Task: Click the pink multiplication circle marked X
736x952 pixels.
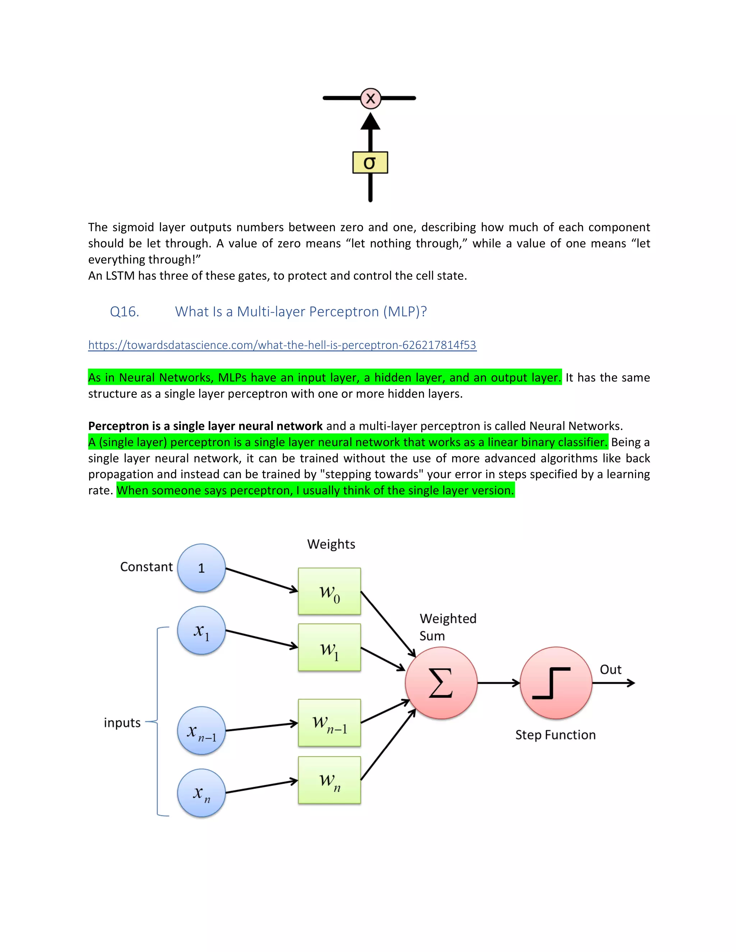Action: (x=370, y=98)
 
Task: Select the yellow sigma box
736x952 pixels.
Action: (x=370, y=163)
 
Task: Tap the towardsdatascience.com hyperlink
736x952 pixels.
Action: (x=282, y=345)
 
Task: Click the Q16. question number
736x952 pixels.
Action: (x=124, y=312)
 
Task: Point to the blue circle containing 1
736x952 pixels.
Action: (x=202, y=568)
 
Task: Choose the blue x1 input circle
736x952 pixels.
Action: (x=202, y=630)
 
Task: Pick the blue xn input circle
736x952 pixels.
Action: (x=202, y=793)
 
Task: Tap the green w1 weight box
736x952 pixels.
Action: (x=329, y=647)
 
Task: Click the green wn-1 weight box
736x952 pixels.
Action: (x=329, y=723)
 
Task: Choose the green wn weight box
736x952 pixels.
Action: (x=329, y=780)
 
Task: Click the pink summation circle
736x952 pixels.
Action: (x=441, y=683)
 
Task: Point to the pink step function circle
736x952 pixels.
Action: (x=556, y=683)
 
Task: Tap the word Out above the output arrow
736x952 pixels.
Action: (x=611, y=670)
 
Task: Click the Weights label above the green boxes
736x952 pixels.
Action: (x=331, y=544)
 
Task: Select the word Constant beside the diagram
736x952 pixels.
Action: (x=147, y=567)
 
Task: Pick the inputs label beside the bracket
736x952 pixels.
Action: (x=122, y=723)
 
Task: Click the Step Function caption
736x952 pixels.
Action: (x=555, y=735)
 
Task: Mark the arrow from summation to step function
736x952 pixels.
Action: (x=498, y=683)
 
